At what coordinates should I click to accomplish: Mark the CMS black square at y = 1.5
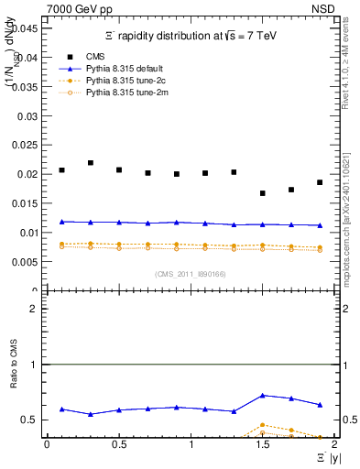pyautogui.click(x=263, y=193)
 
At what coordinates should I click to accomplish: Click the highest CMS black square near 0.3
pyautogui.click(x=91, y=163)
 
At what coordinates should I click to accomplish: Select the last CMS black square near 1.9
pyautogui.click(x=320, y=182)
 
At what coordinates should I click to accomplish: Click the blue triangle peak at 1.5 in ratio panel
pyautogui.click(x=263, y=395)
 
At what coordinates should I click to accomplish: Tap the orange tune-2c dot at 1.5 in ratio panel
pyautogui.click(x=263, y=425)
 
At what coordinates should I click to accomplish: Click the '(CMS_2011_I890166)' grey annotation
pyautogui.click(x=190, y=274)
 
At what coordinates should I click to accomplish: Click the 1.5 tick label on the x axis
pyautogui.click(x=262, y=446)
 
